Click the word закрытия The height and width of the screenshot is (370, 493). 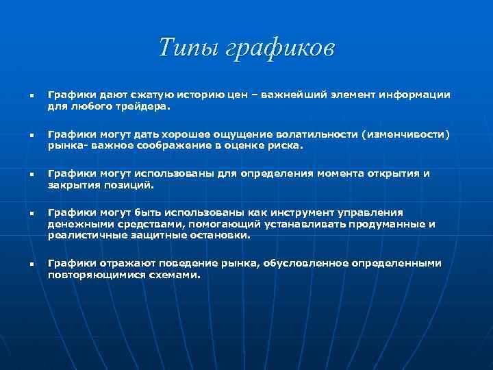73,185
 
